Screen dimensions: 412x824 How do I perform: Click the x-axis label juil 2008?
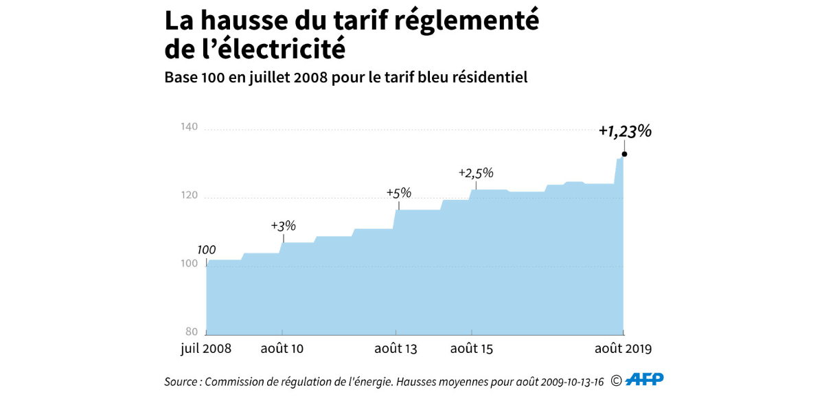206,349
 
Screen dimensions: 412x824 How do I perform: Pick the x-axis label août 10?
282,349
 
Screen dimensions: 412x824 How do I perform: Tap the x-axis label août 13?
396,349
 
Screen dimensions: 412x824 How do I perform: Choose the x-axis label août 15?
472,349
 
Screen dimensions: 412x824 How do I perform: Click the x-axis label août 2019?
623,349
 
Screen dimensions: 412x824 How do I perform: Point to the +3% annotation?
283,225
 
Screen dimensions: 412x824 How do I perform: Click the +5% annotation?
398,193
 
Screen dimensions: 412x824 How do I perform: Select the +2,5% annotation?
476,173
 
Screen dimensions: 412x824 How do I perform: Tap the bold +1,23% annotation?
624,131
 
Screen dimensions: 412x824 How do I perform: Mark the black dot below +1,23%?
624,154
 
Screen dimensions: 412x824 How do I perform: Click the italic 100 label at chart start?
207,250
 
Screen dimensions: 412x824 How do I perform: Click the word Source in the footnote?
181,382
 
